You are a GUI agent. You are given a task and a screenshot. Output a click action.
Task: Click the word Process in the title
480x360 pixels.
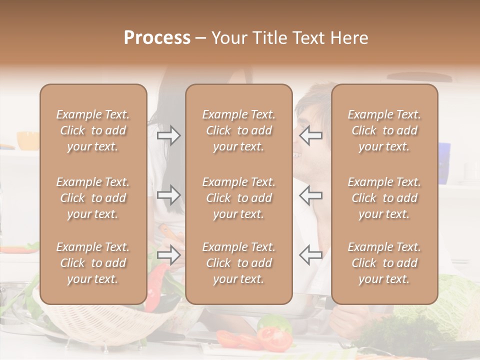(x=157, y=38)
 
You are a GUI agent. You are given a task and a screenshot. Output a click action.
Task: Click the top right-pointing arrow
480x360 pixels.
(x=169, y=135)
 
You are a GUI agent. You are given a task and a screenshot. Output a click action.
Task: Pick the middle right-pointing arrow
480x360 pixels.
(x=169, y=195)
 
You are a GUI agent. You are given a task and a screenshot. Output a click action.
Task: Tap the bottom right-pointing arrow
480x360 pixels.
(x=169, y=254)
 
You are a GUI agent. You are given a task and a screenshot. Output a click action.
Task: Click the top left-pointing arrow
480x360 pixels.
(x=310, y=135)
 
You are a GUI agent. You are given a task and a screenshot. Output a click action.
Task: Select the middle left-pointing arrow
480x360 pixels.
(x=310, y=195)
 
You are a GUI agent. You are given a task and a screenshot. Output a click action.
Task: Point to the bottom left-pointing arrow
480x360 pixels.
(x=310, y=254)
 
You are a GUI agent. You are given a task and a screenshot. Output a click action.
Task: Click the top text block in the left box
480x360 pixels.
(x=93, y=130)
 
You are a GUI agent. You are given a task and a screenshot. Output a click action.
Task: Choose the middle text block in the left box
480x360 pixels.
(x=93, y=198)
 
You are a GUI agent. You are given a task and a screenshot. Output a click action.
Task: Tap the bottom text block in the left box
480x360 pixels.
(x=93, y=263)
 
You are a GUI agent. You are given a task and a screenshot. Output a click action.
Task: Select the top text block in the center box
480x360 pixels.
(x=238, y=130)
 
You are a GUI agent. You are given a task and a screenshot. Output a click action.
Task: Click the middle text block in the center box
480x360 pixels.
(x=238, y=198)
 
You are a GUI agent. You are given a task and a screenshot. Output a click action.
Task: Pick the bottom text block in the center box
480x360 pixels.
(x=238, y=263)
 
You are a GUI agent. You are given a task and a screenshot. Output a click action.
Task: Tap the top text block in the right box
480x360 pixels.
(x=384, y=130)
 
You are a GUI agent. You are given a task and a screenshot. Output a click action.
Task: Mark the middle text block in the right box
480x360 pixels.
(x=384, y=198)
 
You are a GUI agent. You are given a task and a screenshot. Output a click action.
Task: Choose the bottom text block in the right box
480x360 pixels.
(x=384, y=263)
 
